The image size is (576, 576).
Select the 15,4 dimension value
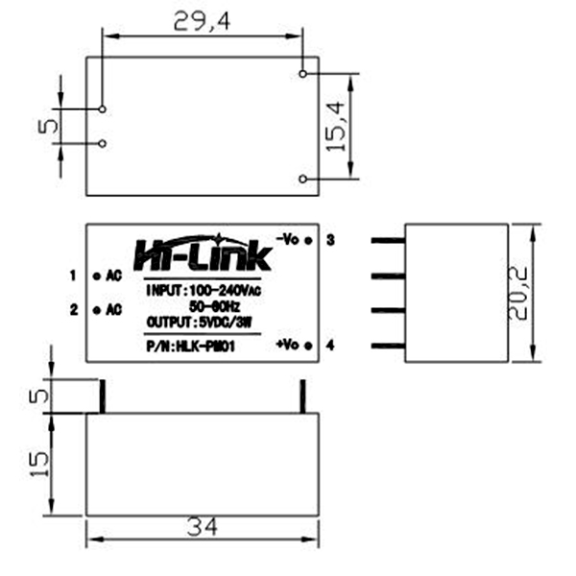(335, 126)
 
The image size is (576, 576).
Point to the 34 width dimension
(203, 527)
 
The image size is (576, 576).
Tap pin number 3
(329, 239)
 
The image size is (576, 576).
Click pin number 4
(329, 345)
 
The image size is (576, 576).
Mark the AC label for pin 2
(112, 309)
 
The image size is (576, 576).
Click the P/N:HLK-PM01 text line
(190, 347)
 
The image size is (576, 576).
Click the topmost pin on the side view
(387, 241)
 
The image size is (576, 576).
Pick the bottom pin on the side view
(387, 345)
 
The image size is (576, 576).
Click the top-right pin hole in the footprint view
(303, 72)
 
